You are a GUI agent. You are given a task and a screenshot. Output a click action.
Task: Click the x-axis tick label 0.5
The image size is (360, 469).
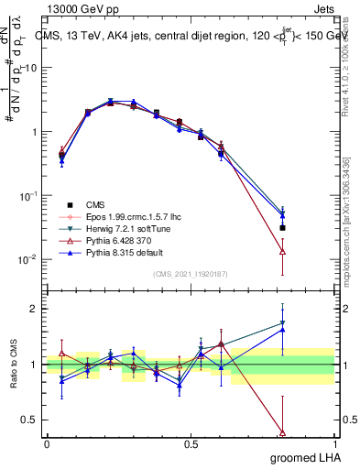click(191, 444)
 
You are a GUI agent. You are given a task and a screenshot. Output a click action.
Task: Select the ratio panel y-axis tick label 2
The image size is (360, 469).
click(34, 309)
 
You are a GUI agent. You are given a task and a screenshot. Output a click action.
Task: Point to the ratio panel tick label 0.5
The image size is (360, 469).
click(29, 420)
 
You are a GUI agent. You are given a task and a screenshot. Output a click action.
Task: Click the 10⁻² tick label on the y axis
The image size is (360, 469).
click(27, 259)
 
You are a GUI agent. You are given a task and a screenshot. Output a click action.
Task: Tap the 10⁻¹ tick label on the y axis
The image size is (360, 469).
click(27, 195)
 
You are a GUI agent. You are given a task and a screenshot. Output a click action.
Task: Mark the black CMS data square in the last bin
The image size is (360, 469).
click(282, 227)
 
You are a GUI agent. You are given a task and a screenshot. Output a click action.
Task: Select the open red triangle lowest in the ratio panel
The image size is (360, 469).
click(282, 432)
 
